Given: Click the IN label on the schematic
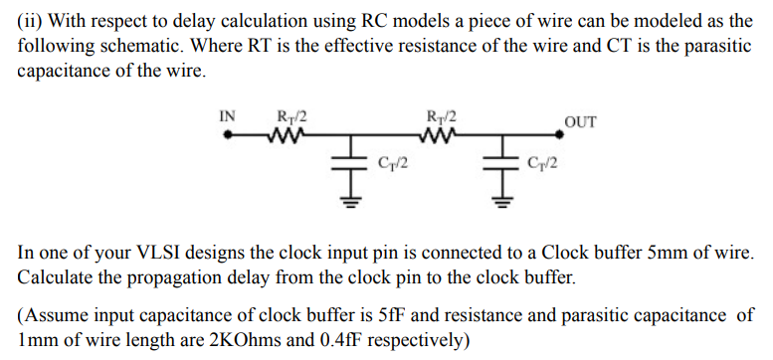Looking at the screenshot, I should (227, 115).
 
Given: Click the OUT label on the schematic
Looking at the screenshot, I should (580, 122).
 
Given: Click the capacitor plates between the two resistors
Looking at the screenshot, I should (349, 160).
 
